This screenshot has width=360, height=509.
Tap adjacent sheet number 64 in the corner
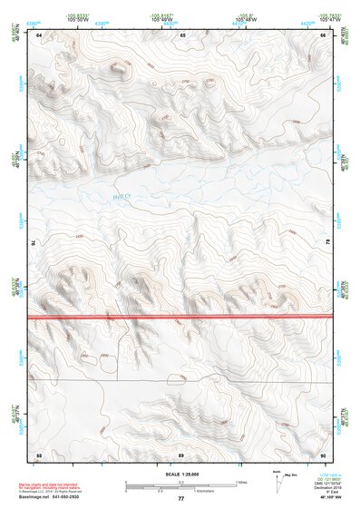point(39,35)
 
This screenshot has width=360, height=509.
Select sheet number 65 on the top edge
point(182,34)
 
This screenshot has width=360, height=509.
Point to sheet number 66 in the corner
point(324,34)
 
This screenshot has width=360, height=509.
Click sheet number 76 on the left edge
point(36,243)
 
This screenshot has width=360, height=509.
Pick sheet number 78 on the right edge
point(326,243)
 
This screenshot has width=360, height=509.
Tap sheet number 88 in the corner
point(39,453)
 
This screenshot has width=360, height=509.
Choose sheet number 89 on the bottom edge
point(181,453)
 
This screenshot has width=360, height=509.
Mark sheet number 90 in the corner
point(324,453)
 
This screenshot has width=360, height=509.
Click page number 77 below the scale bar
point(180,498)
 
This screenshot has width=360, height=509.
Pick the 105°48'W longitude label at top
point(246,17)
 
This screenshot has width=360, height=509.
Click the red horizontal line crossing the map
point(181,317)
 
